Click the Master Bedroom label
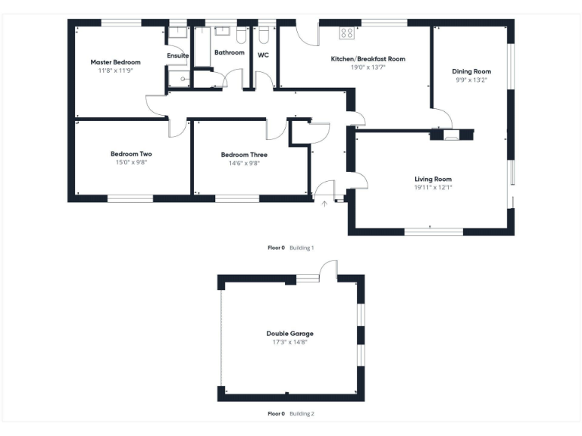coord(115,62)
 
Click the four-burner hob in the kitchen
coord(347,33)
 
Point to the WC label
coord(263,55)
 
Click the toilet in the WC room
coord(264,35)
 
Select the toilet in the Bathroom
coord(241,35)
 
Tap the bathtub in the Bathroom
coord(202,48)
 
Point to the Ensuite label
coord(178,55)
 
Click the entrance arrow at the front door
coord(325,203)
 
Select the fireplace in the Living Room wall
coord(451,136)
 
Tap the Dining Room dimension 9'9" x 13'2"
coord(471,79)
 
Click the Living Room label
coord(433,179)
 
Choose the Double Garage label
coord(289,333)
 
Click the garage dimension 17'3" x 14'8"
coord(289,342)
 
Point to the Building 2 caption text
coord(302,414)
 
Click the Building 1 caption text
coord(302,248)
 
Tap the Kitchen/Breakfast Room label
coord(368,58)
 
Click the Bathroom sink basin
coord(223,32)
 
